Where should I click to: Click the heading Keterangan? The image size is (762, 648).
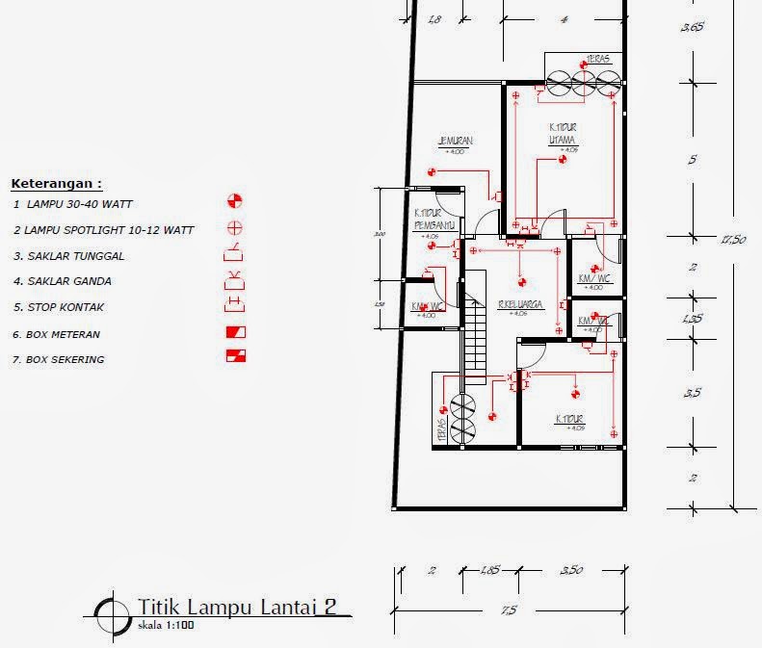(x=56, y=183)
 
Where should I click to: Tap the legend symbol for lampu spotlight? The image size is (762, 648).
(x=234, y=228)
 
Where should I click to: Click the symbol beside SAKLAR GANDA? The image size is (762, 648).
(x=234, y=280)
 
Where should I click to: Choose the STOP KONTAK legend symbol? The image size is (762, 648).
(x=234, y=306)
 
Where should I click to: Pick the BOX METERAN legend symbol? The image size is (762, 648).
(x=234, y=332)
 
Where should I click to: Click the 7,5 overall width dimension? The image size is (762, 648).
(x=509, y=610)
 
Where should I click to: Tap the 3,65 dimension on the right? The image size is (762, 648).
(x=692, y=27)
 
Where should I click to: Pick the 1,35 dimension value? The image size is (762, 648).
(x=692, y=319)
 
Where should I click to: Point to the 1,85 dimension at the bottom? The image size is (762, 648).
(x=489, y=571)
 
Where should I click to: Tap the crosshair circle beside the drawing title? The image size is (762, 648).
(x=113, y=612)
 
